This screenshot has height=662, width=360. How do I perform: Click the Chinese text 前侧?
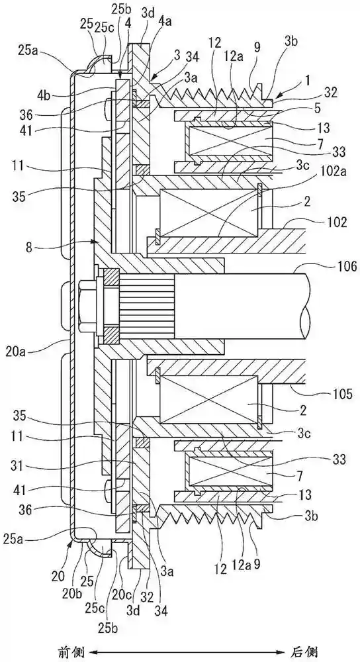(x=72, y=653)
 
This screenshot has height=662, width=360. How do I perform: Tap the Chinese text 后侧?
(x=304, y=653)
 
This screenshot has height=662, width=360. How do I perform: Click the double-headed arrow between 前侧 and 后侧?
(x=187, y=652)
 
